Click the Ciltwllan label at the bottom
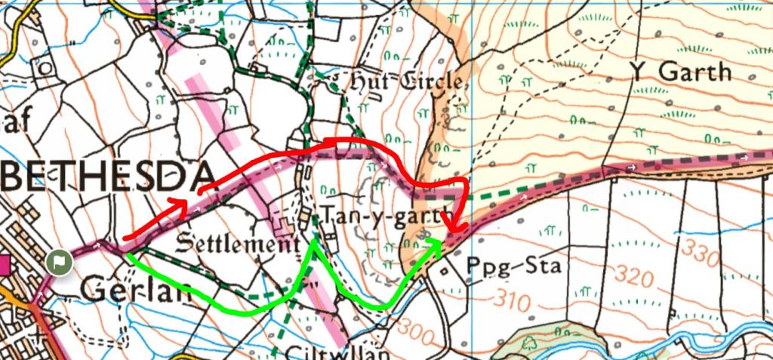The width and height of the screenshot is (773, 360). [337, 352]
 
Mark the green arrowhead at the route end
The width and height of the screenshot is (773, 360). [434, 243]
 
